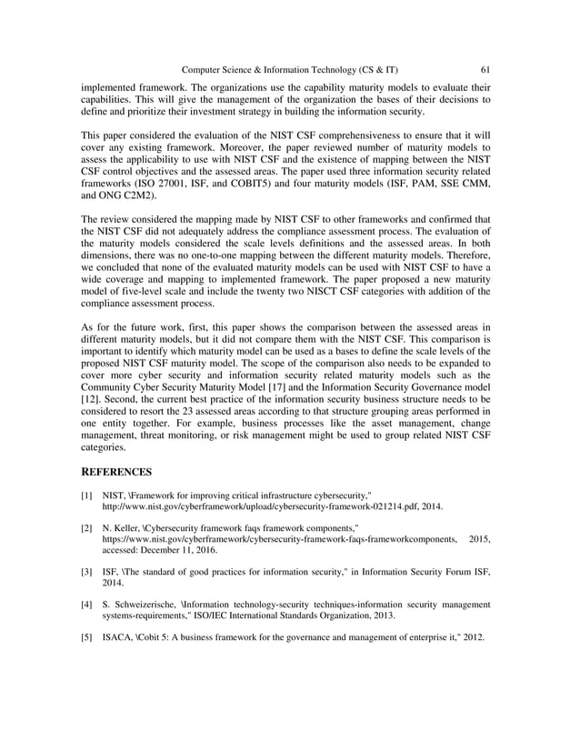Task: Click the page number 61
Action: [x=485, y=69]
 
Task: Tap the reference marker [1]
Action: [x=87, y=495]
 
